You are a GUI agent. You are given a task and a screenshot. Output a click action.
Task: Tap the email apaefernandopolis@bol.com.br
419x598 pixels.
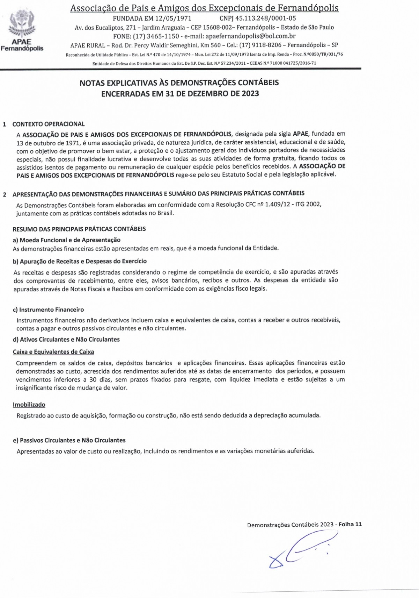point(251,36)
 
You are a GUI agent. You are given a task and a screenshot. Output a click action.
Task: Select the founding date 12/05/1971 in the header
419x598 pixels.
point(174,19)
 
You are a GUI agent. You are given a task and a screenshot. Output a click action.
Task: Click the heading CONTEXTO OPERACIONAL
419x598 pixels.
point(48,124)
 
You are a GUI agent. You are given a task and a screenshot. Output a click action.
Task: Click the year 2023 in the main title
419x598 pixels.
point(249,93)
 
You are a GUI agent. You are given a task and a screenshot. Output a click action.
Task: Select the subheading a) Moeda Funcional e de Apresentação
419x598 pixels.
point(66,240)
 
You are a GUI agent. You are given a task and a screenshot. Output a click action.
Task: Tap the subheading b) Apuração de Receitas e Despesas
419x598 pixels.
point(80,261)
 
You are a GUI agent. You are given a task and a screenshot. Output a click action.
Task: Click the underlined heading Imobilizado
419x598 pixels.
point(29,405)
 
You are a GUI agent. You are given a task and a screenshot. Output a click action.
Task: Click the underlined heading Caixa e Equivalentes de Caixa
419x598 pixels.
point(53,352)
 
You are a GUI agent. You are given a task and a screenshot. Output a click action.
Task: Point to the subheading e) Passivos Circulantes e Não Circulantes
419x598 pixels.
point(69,440)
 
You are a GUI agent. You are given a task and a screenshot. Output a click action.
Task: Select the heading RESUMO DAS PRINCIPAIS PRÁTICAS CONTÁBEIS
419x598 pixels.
point(79,229)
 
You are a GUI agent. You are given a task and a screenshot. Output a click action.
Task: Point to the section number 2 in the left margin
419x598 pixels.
point(5,194)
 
